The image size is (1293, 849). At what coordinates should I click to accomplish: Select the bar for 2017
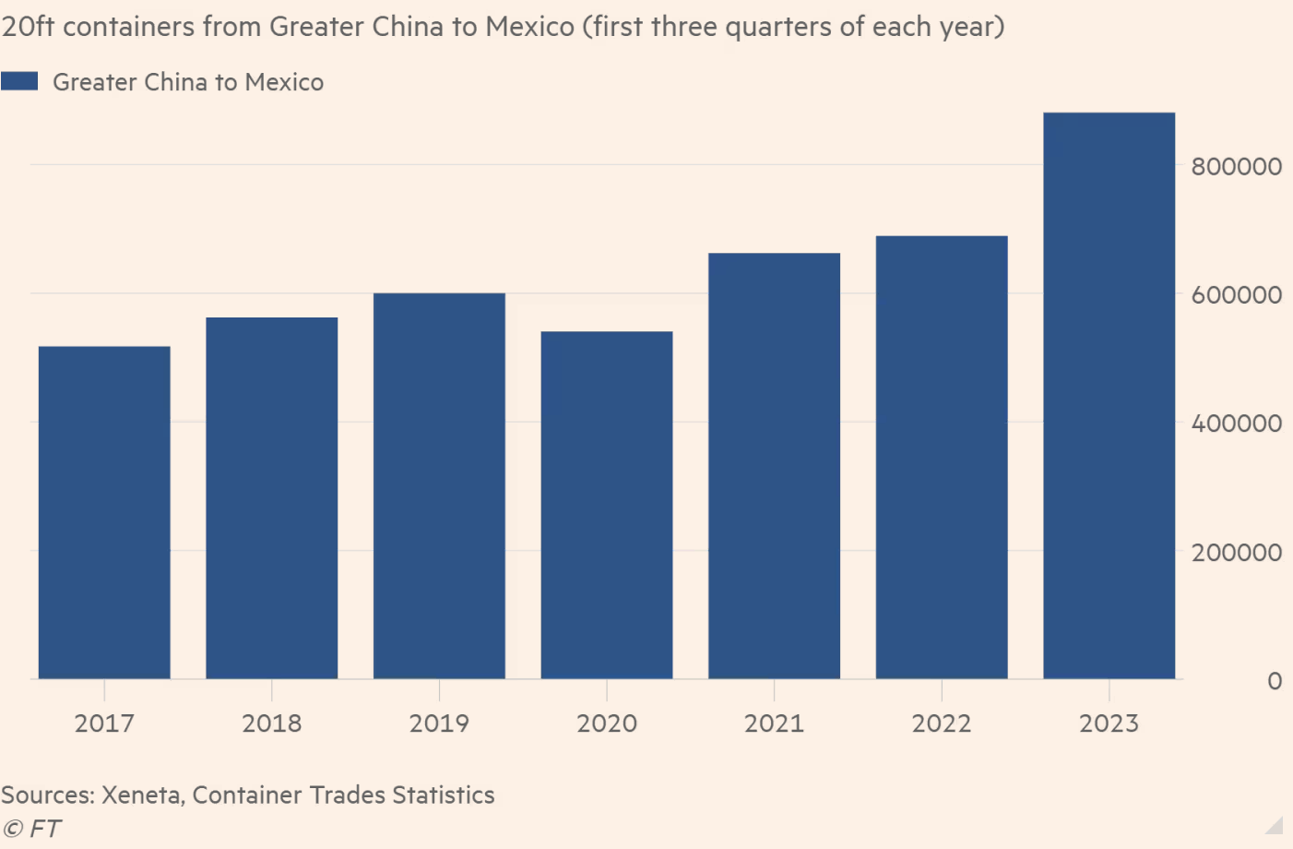104,512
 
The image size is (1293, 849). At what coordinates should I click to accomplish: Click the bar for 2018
272,498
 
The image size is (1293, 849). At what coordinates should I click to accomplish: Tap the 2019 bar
439,486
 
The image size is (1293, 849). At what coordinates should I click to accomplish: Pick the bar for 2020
607,505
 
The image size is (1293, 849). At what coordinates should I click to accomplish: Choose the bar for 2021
774,466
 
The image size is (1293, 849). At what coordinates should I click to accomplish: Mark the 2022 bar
942,458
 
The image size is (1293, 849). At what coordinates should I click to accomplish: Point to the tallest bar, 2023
1109,396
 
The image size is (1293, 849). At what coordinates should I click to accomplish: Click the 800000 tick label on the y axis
1236,166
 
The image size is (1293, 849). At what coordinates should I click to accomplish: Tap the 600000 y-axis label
1236,294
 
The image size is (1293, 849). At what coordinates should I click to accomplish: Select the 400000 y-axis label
1236,423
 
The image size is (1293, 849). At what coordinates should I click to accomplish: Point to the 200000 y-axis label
1236,552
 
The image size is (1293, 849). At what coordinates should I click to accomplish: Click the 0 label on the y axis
1275,681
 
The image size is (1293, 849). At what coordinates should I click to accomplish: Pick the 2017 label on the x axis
104,723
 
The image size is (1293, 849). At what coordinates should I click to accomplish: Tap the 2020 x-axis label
607,723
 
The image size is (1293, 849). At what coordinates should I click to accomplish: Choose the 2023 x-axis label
1109,723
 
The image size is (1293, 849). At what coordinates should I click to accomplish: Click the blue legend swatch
19,81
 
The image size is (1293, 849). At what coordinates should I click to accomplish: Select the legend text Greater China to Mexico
188,82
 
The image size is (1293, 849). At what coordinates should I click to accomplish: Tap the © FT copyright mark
31,829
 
